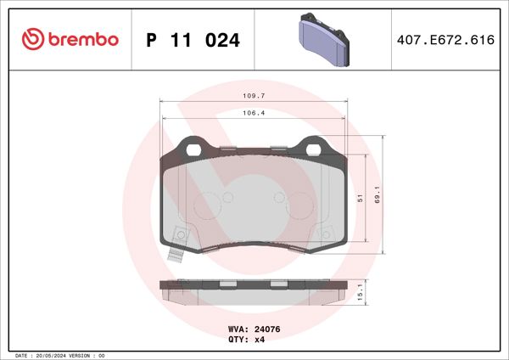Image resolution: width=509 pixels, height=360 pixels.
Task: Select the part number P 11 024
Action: [193, 40]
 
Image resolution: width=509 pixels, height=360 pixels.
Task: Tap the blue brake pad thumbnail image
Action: [326, 40]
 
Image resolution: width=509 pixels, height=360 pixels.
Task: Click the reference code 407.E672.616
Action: [445, 40]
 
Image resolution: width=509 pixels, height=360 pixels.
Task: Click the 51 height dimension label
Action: [360, 197]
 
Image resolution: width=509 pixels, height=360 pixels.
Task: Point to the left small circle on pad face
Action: [227, 197]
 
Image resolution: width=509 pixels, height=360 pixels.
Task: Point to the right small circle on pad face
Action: [280, 197]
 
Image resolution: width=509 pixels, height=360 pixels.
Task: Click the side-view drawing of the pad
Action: [254, 290]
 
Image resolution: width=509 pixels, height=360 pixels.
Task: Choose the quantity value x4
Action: [261, 339]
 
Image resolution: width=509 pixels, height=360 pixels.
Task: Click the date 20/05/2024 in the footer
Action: [51, 355]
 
